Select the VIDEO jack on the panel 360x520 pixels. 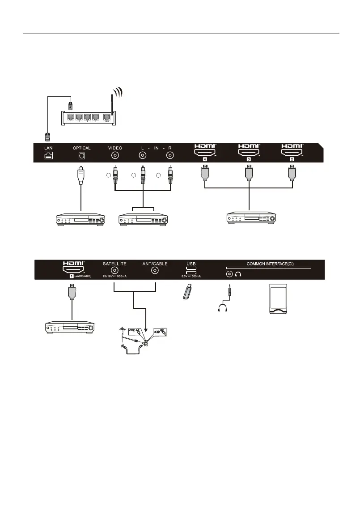(x=115, y=156)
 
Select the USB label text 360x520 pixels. (x=191, y=264)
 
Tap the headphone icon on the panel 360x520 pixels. (x=238, y=275)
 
